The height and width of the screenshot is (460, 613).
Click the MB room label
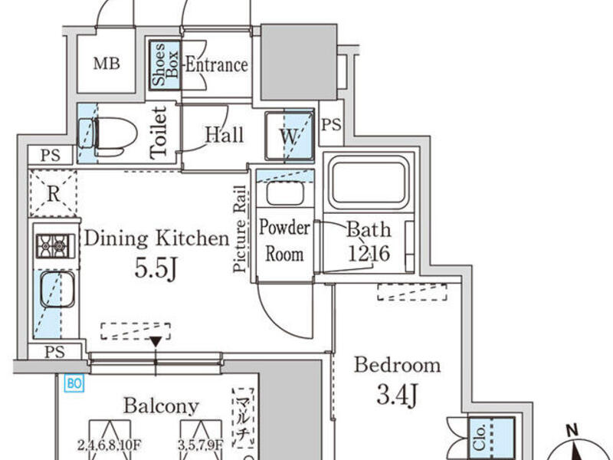click(x=107, y=64)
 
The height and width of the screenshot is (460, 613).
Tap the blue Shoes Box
click(x=165, y=65)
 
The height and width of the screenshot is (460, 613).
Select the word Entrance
click(x=217, y=64)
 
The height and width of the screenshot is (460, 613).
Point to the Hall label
click(x=225, y=135)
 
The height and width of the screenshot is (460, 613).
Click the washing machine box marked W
click(x=290, y=136)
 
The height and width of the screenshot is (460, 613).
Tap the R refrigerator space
click(x=53, y=194)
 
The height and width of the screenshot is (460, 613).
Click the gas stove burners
click(x=55, y=246)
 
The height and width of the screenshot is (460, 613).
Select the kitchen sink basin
click(x=57, y=290)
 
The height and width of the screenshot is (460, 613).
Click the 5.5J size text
click(x=156, y=269)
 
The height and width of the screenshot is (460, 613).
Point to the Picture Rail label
click(x=241, y=228)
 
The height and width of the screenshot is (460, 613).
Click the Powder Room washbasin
click(x=285, y=194)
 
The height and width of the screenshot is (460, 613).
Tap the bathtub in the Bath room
click(x=369, y=183)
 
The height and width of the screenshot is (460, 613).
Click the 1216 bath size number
click(x=369, y=254)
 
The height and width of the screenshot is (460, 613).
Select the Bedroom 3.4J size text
click(x=397, y=394)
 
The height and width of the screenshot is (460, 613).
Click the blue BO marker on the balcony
click(x=74, y=383)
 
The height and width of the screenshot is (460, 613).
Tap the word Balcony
click(x=161, y=406)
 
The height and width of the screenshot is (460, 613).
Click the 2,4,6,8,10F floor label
click(x=109, y=445)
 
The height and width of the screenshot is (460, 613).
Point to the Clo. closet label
click(x=480, y=438)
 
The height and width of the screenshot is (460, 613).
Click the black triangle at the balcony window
click(x=156, y=341)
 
